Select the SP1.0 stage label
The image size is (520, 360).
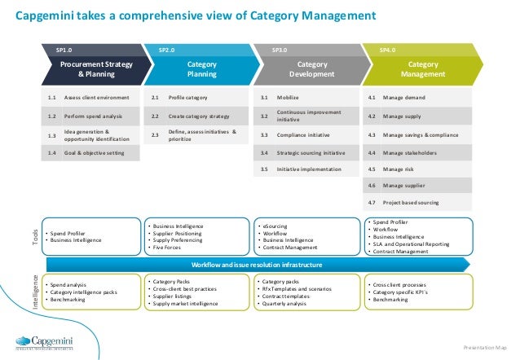(x=64, y=50)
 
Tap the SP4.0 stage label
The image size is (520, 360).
(x=388, y=50)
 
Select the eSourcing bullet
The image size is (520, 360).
(x=273, y=226)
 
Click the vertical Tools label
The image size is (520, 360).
(x=36, y=236)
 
